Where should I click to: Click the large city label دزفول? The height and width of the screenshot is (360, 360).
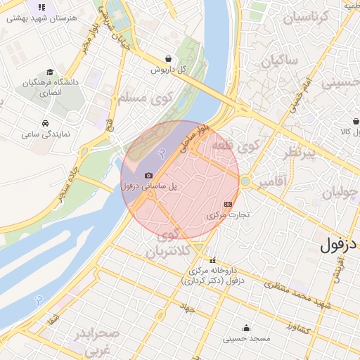[x=339, y=245]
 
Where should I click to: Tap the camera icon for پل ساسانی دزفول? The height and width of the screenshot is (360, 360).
[x=148, y=176]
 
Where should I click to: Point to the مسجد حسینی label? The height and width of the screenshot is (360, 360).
[x=247, y=338]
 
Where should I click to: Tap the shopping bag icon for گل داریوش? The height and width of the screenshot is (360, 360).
[x=167, y=58]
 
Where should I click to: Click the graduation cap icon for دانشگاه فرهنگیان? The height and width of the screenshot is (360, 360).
[x=49, y=72]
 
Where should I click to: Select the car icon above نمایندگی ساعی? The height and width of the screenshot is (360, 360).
[x=45, y=122]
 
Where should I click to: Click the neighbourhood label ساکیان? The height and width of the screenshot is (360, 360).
[x=279, y=62]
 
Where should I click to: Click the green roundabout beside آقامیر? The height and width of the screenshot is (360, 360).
[x=244, y=181]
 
